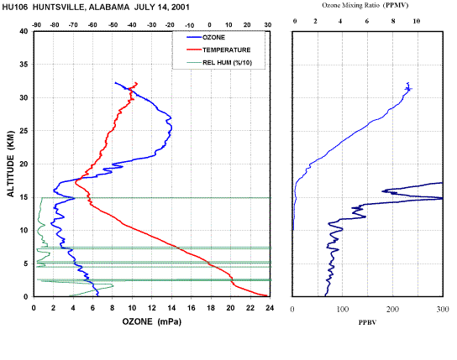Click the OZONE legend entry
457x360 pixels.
point(213,38)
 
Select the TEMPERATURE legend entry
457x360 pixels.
point(227,50)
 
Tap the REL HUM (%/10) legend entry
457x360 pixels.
point(227,63)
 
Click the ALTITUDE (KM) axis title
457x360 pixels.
point(10,164)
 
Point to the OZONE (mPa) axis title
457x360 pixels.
point(151,321)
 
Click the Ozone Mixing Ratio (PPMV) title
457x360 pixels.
point(365,5)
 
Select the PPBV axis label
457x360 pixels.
point(367,322)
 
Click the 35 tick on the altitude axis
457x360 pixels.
point(24,65)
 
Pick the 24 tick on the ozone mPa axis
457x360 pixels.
point(270,308)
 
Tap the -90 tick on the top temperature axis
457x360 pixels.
point(36,25)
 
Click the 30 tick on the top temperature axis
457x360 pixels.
point(268,25)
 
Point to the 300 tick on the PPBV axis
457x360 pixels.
point(443,310)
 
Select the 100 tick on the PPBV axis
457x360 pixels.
point(343,310)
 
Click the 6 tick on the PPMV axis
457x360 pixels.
point(367,21)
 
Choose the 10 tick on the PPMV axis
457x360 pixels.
point(417,21)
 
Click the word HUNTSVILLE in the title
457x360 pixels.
point(58,8)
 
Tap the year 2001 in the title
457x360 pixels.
point(180,8)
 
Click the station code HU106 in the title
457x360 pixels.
point(15,8)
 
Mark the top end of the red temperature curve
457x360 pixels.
point(137,83)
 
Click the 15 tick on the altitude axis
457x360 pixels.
point(24,197)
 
